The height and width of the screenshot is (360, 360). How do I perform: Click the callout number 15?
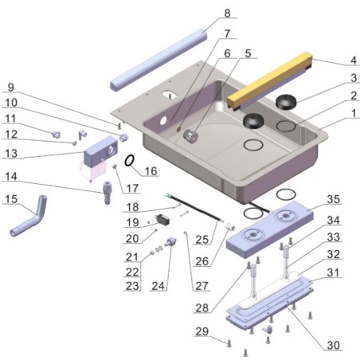[x=12, y=198]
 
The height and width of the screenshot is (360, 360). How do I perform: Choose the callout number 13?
[x=12, y=153]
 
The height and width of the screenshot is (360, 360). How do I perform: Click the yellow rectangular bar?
[x=271, y=80]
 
